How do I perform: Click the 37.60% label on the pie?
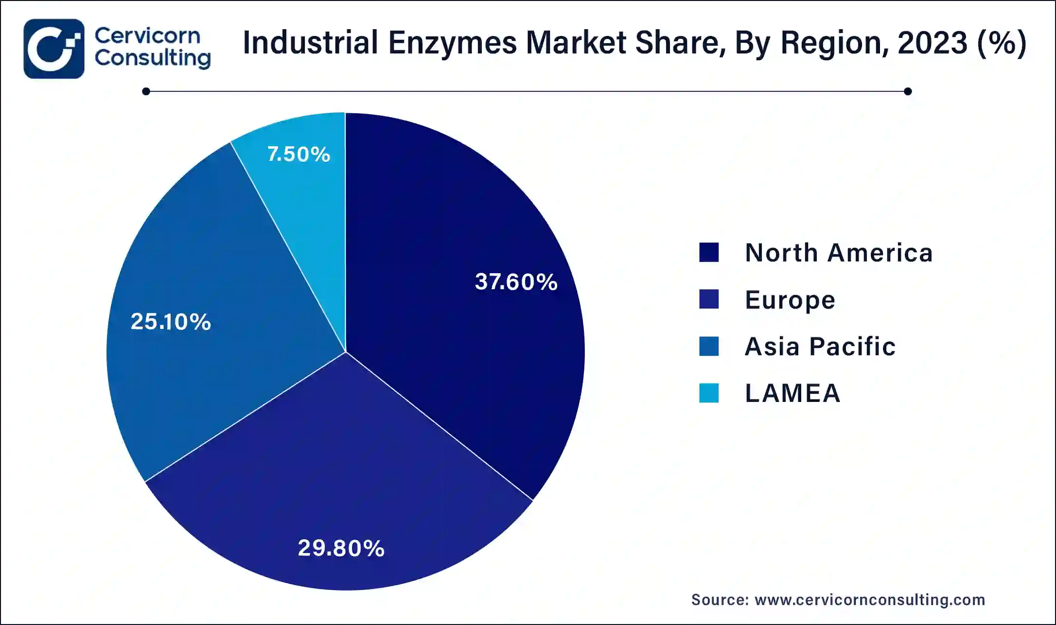[x=516, y=282]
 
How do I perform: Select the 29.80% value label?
[x=341, y=548]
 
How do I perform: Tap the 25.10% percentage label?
[x=171, y=322]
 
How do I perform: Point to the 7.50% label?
[x=299, y=155]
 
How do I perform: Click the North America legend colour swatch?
[x=708, y=253]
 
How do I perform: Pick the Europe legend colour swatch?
[x=708, y=299]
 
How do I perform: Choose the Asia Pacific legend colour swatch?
[x=708, y=347]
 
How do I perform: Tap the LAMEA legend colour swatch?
[x=708, y=393]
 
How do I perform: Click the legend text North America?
[x=839, y=253]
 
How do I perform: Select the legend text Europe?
[x=790, y=300]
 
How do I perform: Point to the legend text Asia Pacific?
[x=820, y=347]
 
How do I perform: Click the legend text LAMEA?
[x=792, y=393]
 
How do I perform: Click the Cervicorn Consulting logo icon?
[x=54, y=49]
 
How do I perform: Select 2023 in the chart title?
[x=933, y=43]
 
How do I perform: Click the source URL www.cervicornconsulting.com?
[x=869, y=600]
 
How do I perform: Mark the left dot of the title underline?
[x=146, y=91]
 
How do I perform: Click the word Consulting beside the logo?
[x=153, y=58]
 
